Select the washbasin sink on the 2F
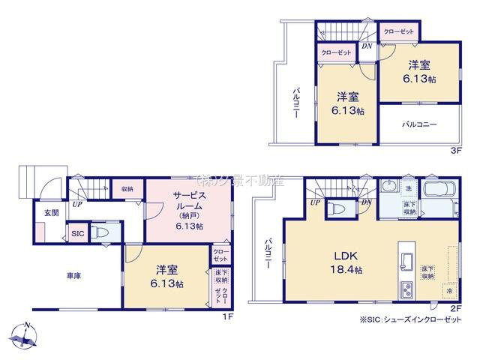[389, 187]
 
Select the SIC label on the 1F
[77, 234]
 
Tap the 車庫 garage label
[73, 276]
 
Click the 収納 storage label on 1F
[127, 190]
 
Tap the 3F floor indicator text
[454, 150]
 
